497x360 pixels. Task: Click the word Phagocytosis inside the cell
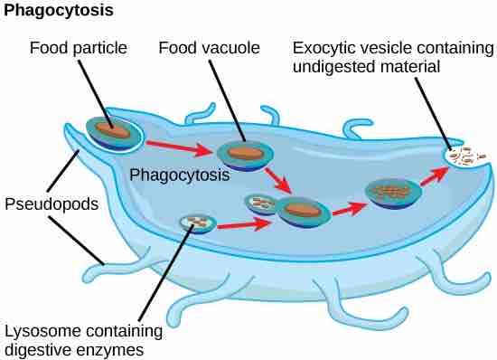(x=180, y=175)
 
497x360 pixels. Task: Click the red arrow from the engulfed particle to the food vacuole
(x=176, y=143)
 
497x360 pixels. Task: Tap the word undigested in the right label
(x=385, y=66)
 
